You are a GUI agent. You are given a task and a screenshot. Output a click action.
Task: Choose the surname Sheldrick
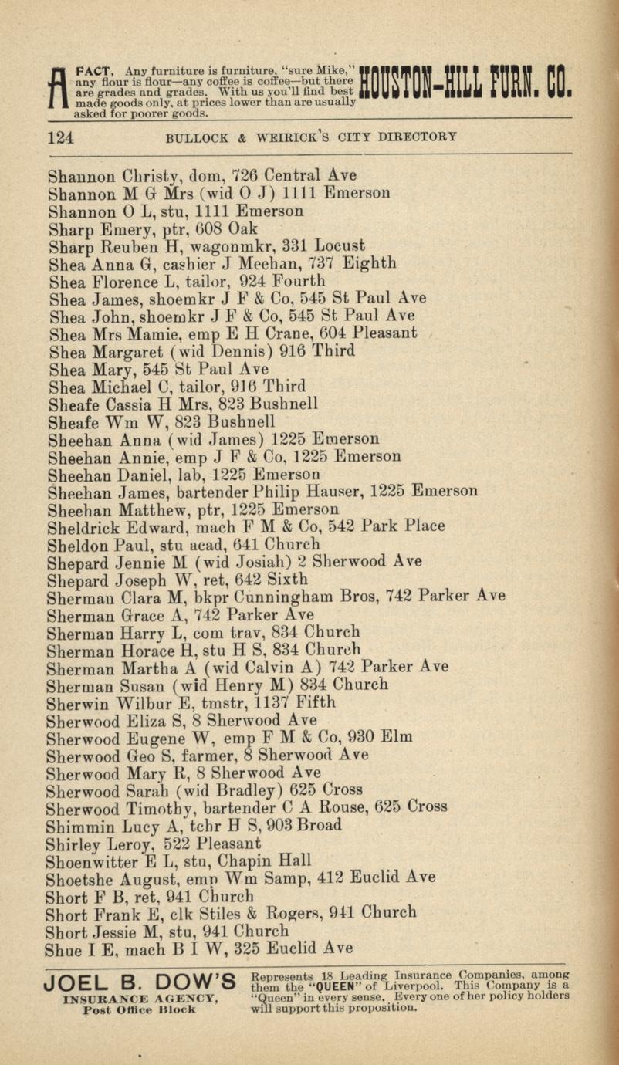81,526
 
